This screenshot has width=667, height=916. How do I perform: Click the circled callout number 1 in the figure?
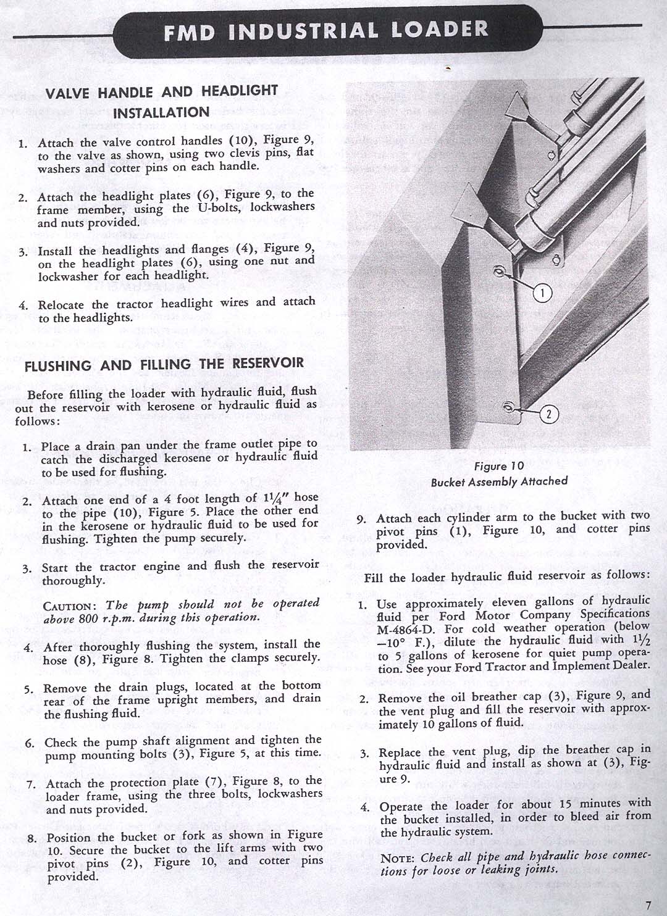point(542,294)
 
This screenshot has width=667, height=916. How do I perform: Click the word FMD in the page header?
point(190,32)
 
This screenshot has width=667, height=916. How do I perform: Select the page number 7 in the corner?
point(647,905)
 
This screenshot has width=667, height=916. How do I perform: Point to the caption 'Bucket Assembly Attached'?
point(499,481)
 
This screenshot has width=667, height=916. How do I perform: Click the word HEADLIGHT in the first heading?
point(239,91)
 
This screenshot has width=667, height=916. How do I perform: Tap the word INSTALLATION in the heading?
point(161,113)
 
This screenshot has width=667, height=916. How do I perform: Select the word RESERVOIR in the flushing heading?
point(268,363)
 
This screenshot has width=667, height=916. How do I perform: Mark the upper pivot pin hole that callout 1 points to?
point(500,272)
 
